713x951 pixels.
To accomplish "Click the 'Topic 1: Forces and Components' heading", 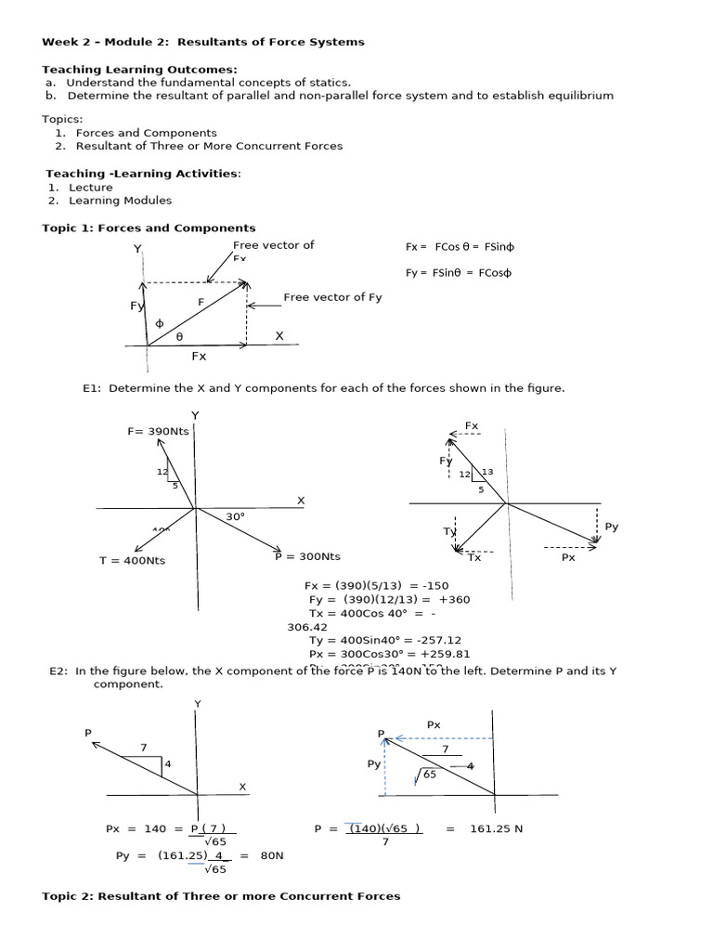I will tap(149, 228).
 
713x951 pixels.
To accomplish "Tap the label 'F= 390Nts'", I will tap(158, 431).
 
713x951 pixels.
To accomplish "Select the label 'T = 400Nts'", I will tap(132, 560).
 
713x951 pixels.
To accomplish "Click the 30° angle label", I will tap(235, 516).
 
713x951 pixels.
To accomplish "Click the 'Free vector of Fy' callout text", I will tap(332, 297).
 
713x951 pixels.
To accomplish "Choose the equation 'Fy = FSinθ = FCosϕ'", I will tap(458, 273).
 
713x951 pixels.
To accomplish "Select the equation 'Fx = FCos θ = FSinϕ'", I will tap(459, 247).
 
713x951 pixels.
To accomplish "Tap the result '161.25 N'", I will tap(497, 828).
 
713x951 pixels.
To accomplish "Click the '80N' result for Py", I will tap(271, 855).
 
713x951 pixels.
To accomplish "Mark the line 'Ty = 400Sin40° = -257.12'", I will tap(384, 640).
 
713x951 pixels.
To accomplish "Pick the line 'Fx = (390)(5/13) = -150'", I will tap(377, 586).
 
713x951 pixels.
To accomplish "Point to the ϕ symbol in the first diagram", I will tap(159, 323).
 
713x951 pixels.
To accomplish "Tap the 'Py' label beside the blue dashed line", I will tap(373, 763).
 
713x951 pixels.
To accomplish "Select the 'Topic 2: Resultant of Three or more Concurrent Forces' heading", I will tap(221, 896).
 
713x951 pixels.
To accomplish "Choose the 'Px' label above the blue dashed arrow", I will tap(434, 723).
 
